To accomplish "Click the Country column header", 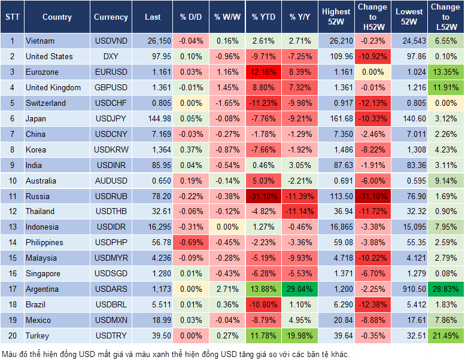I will tap(57, 17).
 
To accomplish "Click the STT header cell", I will tap(12, 17).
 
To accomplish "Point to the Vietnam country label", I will tap(40, 41).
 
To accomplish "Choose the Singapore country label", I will tap(43, 274).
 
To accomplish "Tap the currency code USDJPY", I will tap(111, 118).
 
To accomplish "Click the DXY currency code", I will tap(111, 57).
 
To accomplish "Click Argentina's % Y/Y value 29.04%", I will tap(301, 289).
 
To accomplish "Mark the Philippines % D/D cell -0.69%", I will tap(191, 243).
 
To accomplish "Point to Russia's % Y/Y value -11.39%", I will tap(301, 196).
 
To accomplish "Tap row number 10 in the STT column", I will tap(12, 181).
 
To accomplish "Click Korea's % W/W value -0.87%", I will tap(227, 150).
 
